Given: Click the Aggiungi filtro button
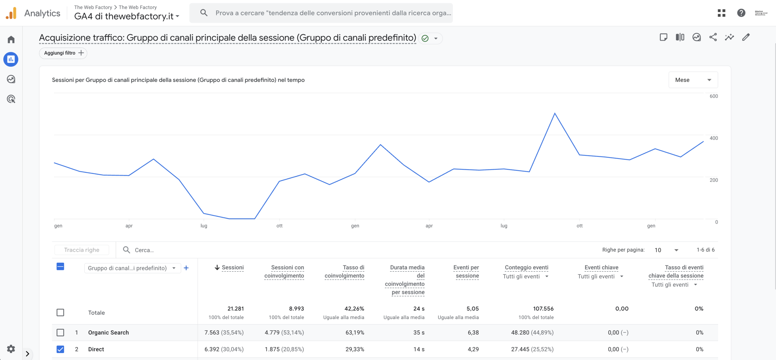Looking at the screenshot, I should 63,53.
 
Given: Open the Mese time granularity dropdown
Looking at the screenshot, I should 693,80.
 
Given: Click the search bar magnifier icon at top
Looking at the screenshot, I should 204,13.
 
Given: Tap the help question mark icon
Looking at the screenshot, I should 741,13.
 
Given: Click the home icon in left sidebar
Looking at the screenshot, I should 11,39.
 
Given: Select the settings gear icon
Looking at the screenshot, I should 11,349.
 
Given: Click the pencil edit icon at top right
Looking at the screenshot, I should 746,37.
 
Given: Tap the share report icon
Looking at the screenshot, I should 713,37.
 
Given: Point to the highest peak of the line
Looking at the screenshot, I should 555,113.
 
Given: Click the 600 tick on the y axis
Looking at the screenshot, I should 714,96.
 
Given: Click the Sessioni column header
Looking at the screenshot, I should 232,267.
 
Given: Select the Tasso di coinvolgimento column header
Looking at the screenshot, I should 344,271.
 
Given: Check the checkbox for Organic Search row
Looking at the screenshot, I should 60,332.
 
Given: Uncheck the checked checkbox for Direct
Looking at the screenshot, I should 60,349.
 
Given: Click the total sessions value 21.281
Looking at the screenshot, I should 236,309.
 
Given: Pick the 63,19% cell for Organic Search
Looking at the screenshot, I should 355,332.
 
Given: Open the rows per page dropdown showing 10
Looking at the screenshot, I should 666,250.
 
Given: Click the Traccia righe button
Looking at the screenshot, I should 82,250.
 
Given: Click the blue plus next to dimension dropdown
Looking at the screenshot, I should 186,268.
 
